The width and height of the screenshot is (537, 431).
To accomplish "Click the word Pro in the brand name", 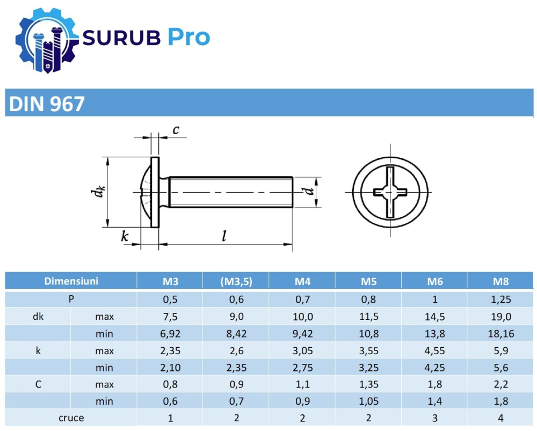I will [x=187, y=37].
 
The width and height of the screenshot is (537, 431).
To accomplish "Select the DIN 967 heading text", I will [x=46, y=104].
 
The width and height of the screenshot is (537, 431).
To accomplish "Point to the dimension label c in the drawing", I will [x=176, y=129].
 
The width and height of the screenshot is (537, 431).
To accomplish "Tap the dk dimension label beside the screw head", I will [x=97, y=192].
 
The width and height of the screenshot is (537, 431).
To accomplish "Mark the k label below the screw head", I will [x=125, y=236].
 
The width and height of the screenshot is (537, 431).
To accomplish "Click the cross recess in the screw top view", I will [x=390, y=192].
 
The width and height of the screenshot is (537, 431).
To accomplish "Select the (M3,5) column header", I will [x=236, y=281].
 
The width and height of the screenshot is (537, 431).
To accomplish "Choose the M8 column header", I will [x=500, y=281].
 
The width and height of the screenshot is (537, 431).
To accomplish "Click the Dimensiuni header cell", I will [x=71, y=281].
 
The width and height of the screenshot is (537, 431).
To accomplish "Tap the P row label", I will [x=71, y=299].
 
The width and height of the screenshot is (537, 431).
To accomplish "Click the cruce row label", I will [x=71, y=418].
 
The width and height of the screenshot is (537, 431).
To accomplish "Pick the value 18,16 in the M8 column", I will [x=500, y=334].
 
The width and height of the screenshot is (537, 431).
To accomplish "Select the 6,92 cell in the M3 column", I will [x=170, y=334].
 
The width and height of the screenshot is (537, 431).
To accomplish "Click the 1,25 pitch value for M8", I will [x=500, y=299].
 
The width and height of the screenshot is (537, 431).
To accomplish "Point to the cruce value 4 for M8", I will [x=500, y=418].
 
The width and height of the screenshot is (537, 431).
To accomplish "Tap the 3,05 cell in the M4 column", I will [x=302, y=351].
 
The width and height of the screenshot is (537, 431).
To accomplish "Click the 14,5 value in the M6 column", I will [x=434, y=317].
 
